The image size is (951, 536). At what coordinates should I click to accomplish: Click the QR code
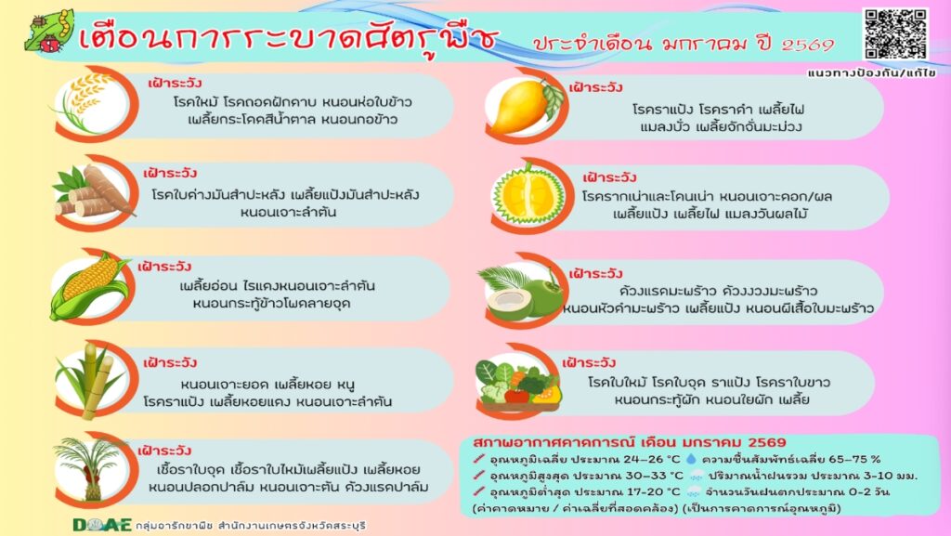click(x=896, y=34)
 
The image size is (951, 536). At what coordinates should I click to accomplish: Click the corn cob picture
click(x=88, y=287)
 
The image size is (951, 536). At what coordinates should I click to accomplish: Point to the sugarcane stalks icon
click(x=90, y=381)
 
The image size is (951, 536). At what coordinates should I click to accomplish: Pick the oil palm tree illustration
click(x=90, y=468)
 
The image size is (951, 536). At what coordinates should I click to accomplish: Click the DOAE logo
click(x=102, y=525)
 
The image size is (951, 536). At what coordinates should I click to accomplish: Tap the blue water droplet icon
click(x=691, y=459)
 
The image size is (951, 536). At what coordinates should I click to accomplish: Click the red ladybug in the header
click(x=51, y=43)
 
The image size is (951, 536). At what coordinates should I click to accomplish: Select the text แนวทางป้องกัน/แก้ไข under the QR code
click(x=871, y=72)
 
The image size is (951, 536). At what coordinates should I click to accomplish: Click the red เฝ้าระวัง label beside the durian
click(x=609, y=177)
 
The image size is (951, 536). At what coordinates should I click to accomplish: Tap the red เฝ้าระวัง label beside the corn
click(x=164, y=267)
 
